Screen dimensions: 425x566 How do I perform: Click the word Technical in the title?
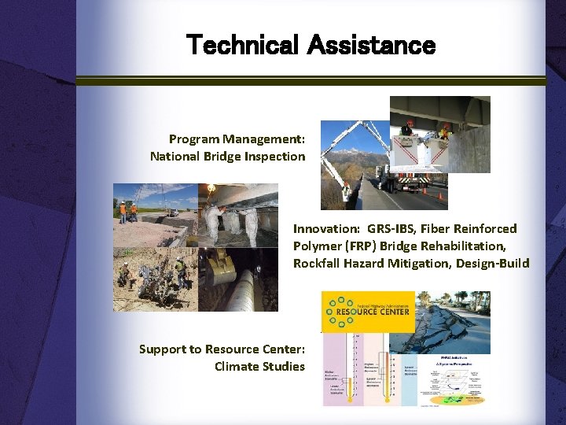coord(243,46)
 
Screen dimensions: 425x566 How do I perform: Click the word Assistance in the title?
coord(371,46)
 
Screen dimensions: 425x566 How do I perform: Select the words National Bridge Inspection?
coord(227,156)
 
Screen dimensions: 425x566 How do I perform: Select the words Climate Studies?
coord(259,366)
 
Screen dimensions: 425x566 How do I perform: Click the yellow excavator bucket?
coord(218,272)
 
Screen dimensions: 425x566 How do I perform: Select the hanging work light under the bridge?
coord(211,189)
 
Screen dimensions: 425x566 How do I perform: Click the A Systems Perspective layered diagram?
coord(453,382)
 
